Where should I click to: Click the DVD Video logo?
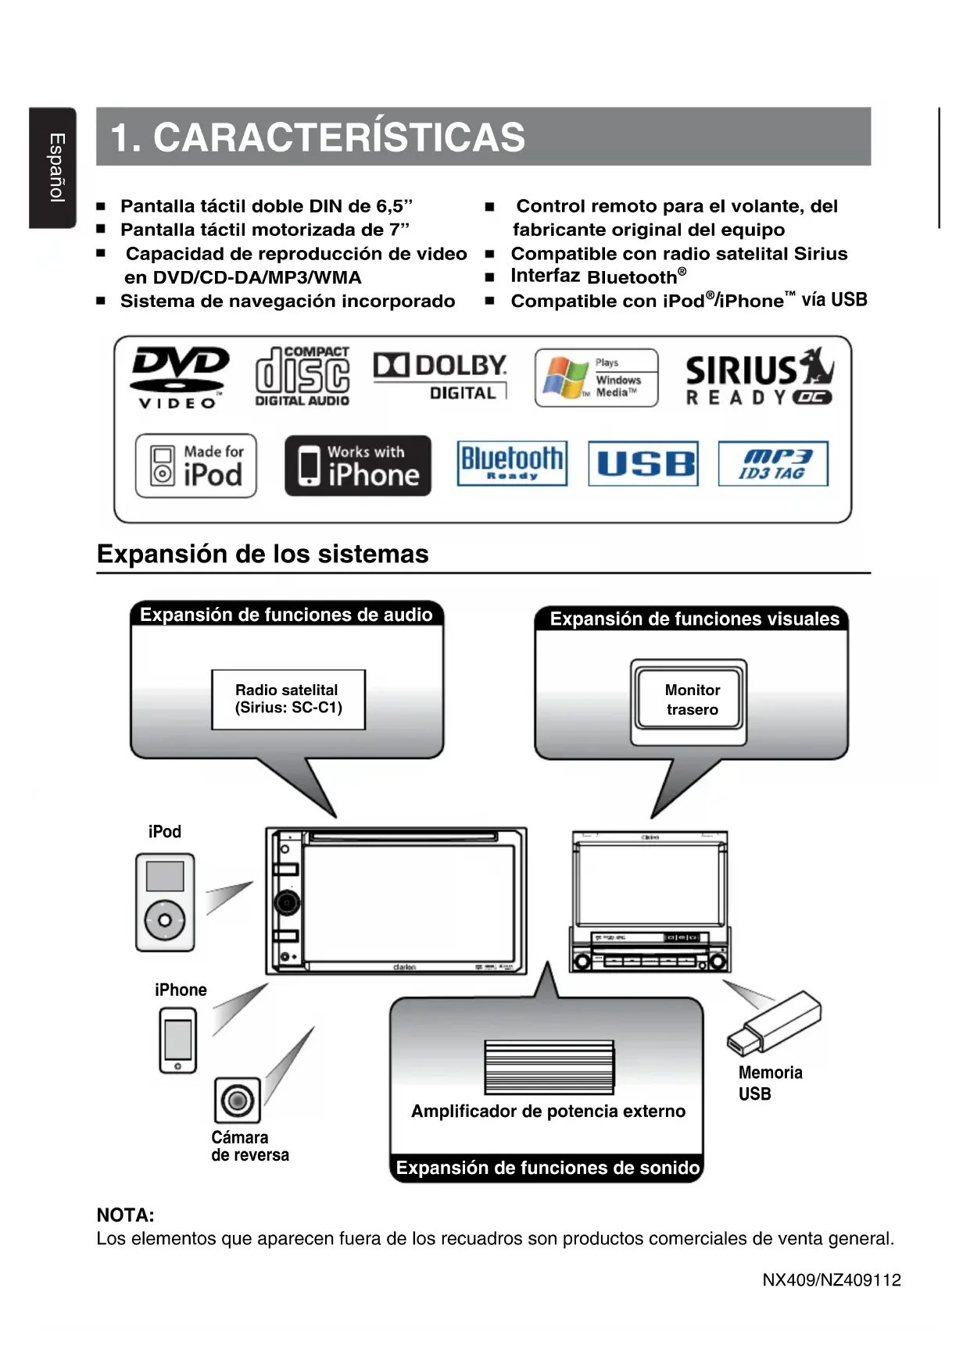tap(180, 377)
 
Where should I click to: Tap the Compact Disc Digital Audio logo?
tap(302, 376)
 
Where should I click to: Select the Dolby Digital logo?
tap(440, 376)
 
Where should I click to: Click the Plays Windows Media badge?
tap(596, 378)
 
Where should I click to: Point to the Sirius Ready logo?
tap(759, 376)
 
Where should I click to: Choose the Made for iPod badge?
tap(196, 466)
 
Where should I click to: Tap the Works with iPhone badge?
tap(358, 466)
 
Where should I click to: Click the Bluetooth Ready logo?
tap(512, 463)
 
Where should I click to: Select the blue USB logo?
tap(643, 464)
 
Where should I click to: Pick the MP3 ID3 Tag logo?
tap(773, 464)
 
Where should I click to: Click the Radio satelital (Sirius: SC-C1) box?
tap(288, 699)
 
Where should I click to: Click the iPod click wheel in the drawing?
tap(165, 920)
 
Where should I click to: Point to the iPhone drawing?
tap(178, 1040)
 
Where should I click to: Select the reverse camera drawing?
tap(238, 1101)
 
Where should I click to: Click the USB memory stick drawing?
tap(775, 1023)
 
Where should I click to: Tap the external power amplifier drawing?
tap(549, 1067)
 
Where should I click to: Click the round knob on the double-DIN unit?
tap(286, 902)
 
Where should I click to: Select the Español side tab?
tap(53, 168)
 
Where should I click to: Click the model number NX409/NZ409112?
tap(832, 1279)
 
